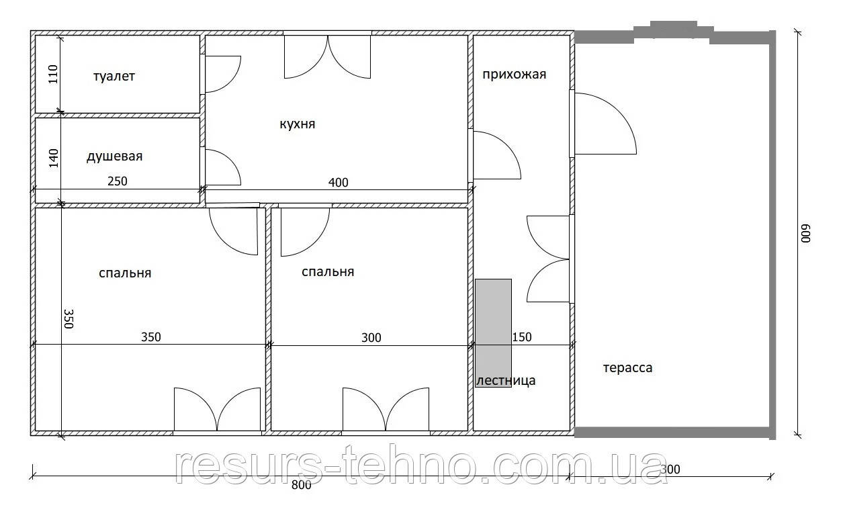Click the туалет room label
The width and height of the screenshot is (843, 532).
pyautogui.click(x=114, y=77)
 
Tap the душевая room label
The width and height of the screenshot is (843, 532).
pyautogui.click(x=114, y=157)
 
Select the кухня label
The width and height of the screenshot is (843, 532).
pyautogui.click(x=298, y=124)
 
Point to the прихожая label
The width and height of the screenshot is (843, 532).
pyautogui.click(x=514, y=75)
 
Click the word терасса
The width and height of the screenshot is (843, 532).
pyautogui.click(x=628, y=367)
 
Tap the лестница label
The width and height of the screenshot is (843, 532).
pyautogui.click(x=506, y=381)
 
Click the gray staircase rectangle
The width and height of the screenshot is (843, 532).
pyautogui.click(x=493, y=333)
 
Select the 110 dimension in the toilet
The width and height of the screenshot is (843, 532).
pyautogui.click(x=53, y=74)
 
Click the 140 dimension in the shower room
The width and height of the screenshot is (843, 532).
pyautogui.click(x=54, y=158)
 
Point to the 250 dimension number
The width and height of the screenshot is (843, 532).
pyautogui.click(x=118, y=181)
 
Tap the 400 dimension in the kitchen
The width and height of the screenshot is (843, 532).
pyautogui.click(x=339, y=183)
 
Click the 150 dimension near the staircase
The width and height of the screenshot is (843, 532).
pyautogui.click(x=522, y=337)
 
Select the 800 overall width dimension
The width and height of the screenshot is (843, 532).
pyautogui.click(x=302, y=485)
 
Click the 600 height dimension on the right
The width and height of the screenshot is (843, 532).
pyautogui.click(x=806, y=234)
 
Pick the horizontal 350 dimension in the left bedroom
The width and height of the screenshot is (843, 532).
pyautogui.click(x=151, y=337)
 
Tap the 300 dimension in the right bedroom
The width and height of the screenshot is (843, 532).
pyautogui.click(x=371, y=337)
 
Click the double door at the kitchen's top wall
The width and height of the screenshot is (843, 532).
pyautogui.click(x=327, y=57)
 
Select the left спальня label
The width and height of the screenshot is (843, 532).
pyautogui.click(x=125, y=273)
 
